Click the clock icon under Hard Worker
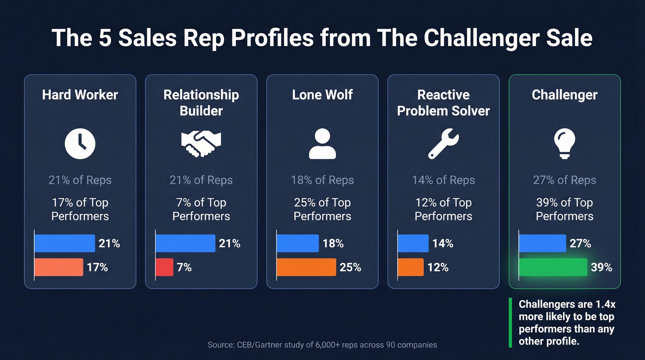[80, 143]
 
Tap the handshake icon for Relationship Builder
[201, 143]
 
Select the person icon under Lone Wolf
[322, 144]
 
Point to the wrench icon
[443, 144]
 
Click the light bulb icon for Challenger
[564, 144]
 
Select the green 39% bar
[553, 267]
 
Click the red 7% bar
[164, 267]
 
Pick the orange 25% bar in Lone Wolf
[306, 267]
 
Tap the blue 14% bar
[413, 243]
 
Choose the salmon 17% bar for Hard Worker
[59, 267]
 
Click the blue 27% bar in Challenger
[542, 243]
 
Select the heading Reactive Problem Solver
[443, 103]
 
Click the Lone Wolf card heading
[322, 95]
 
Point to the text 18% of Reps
[322, 180]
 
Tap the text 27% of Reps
[564, 180]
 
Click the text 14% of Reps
[443, 180]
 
